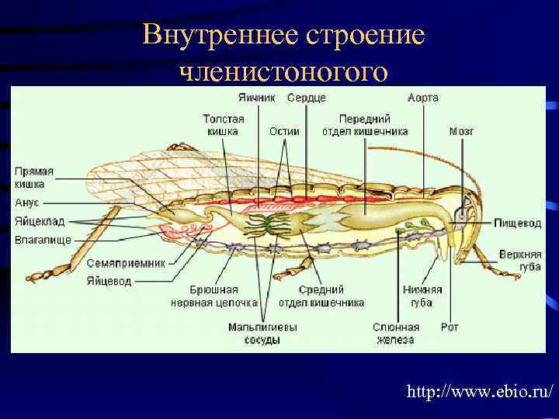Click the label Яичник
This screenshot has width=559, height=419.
256,98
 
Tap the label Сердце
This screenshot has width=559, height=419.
306,98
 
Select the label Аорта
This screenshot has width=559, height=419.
423,98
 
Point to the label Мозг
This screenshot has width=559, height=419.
461,131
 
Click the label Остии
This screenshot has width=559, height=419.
284,131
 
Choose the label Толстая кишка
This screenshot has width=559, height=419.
224,125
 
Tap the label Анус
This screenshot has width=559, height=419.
27,203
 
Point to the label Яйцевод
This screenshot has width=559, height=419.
109,282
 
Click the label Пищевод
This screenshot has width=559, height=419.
518,223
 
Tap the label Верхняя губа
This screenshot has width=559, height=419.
520,261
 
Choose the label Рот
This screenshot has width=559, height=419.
450,327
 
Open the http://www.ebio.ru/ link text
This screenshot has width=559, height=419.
480,393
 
